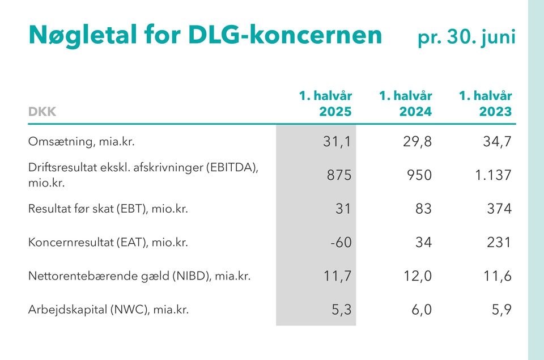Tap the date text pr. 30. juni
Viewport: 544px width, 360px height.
click(466, 36)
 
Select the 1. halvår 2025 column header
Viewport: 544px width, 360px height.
click(325, 103)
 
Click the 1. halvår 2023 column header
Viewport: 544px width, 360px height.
click(485, 103)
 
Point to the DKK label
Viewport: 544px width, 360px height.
click(42, 112)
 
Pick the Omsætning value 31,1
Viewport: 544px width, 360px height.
click(337, 142)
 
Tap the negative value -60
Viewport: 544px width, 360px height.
click(341, 243)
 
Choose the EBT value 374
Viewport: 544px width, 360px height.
click(499, 209)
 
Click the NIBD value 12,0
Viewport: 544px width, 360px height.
click(416, 277)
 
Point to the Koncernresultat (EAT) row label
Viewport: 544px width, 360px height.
click(108, 243)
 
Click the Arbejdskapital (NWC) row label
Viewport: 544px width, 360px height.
click(108, 310)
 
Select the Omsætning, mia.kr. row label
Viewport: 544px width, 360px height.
click(82, 142)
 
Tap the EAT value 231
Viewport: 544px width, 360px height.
click(499, 243)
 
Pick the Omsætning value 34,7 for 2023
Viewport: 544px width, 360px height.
click(496, 142)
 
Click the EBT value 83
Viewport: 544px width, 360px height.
click(423, 209)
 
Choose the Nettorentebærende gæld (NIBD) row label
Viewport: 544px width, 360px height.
click(139, 277)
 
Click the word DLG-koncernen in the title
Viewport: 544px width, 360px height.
click(285, 35)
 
